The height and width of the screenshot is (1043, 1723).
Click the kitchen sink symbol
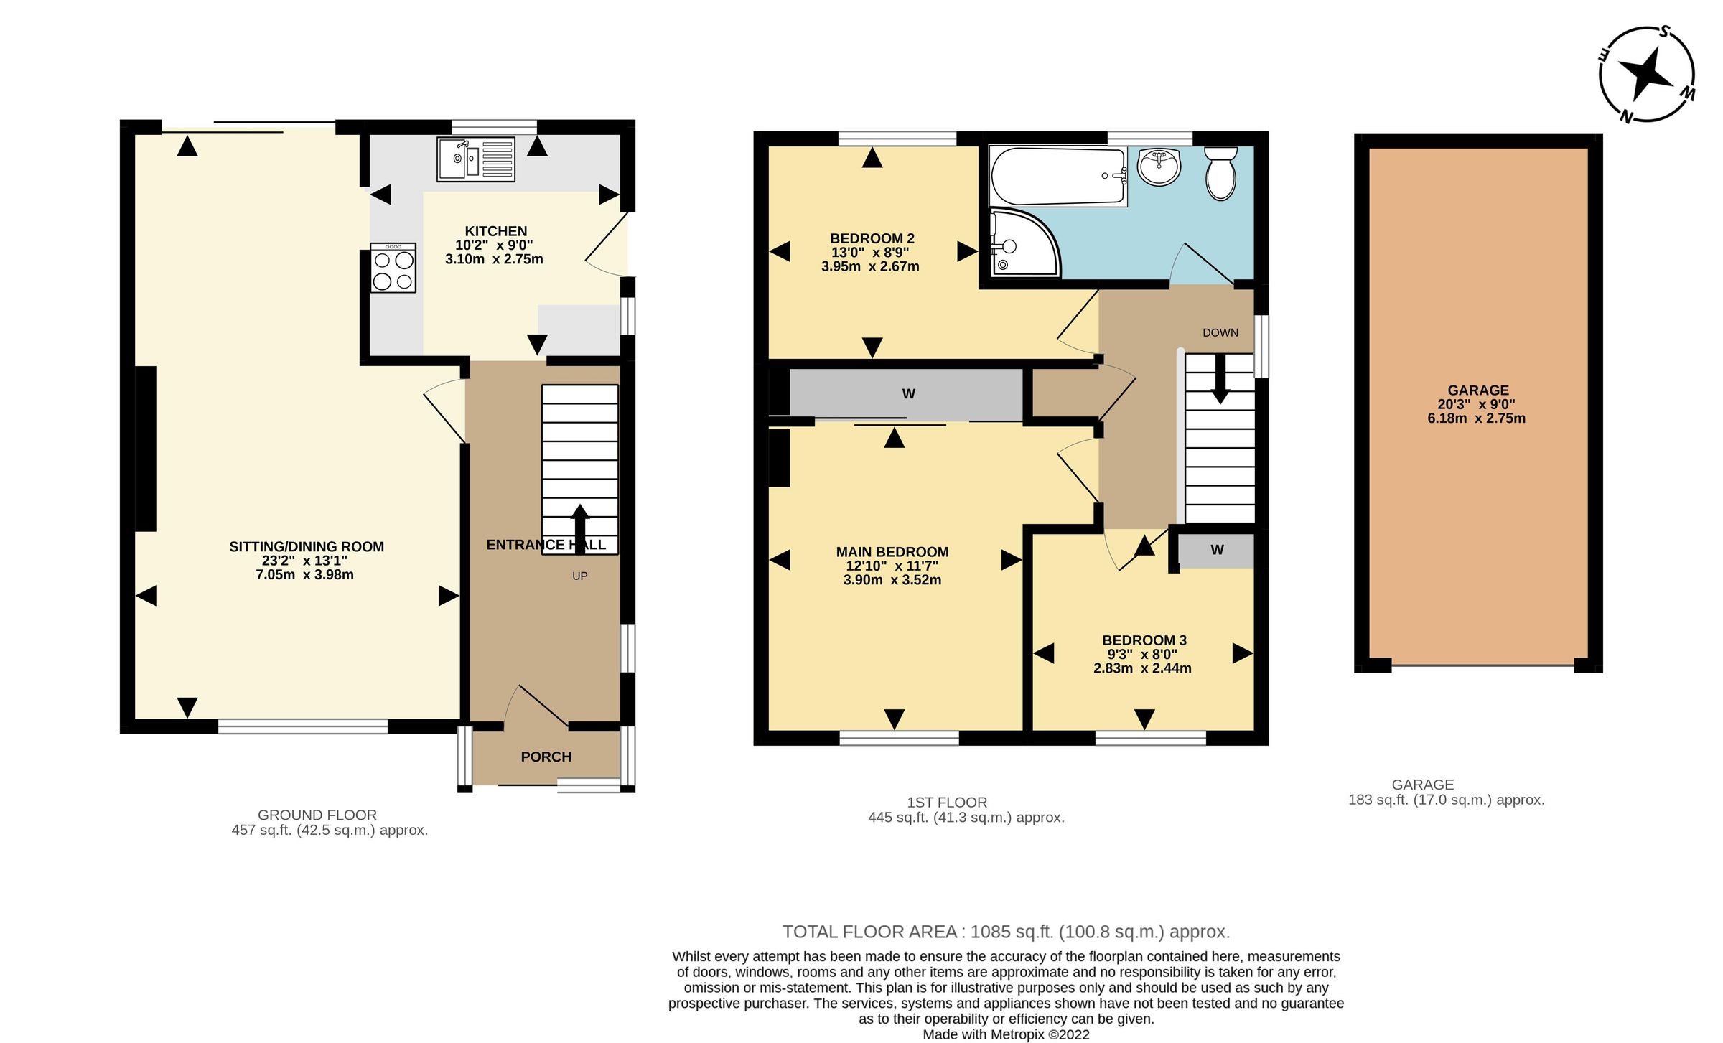475,159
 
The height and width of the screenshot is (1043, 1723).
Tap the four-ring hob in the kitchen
393,268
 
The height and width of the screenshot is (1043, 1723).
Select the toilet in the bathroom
1220,173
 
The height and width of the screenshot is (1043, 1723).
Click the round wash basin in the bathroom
1159,167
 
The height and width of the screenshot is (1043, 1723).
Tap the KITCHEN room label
495,231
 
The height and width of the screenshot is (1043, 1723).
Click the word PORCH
546,757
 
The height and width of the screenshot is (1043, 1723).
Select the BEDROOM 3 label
1144,640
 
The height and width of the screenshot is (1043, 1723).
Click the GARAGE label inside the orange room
1477,390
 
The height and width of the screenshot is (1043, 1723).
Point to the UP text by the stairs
580,576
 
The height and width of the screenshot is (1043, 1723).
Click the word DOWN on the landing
1220,332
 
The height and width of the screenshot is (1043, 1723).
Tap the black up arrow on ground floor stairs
580,528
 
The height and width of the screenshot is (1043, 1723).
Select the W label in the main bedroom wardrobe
908,393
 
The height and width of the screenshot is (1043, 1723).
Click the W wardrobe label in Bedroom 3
1217,550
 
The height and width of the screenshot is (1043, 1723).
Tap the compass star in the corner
1646,75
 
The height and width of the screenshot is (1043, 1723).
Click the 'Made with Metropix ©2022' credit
1006,1034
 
